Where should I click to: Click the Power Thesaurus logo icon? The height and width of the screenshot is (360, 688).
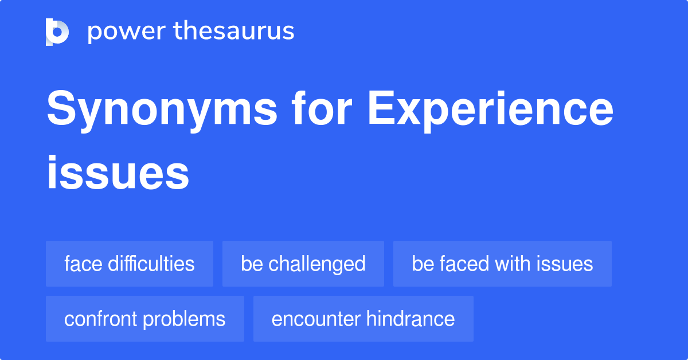click(57, 32)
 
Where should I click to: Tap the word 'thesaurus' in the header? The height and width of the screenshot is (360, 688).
click(234, 32)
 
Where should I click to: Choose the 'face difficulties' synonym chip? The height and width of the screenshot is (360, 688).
click(130, 264)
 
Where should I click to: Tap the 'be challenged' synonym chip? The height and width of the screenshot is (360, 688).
click(303, 264)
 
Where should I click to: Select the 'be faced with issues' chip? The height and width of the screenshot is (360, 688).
click(502, 264)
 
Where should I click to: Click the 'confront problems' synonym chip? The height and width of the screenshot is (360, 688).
click(145, 319)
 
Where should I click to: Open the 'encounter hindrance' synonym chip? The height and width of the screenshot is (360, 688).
click(363, 319)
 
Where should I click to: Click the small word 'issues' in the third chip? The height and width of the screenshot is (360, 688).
click(565, 264)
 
